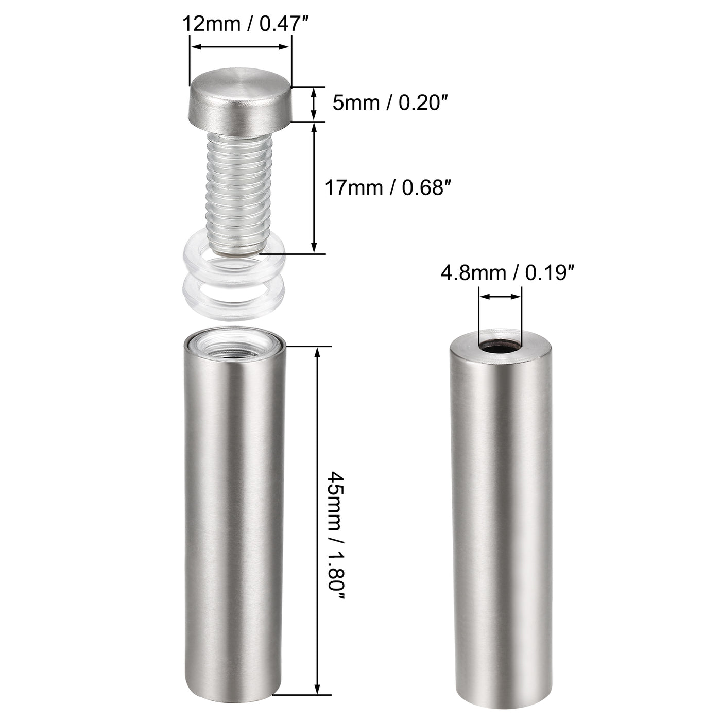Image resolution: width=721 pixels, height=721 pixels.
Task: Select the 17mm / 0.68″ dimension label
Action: (384, 187)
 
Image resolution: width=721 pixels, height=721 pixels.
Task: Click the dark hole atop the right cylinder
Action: (500, 348)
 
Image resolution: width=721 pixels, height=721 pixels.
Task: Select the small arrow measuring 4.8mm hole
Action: (500, 296)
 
